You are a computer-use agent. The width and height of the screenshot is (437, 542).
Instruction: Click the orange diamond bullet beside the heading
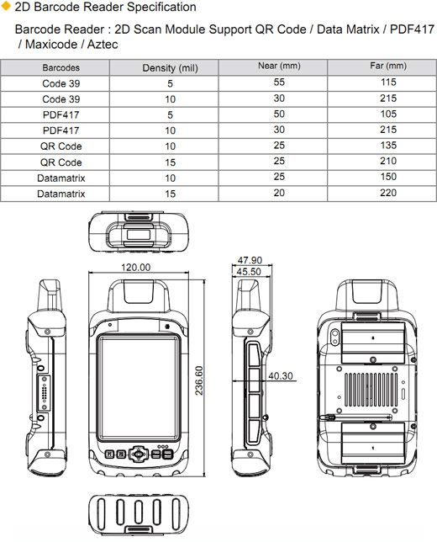click(x=6, y=6)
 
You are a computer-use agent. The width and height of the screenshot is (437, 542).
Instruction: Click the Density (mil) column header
click(x=170, y=67)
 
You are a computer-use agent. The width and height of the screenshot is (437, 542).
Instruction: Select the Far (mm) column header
click(x=388, y=66)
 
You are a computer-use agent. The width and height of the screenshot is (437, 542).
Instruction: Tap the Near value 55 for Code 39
click(x=279, y=82)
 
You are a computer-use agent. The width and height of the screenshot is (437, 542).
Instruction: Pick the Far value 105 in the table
click(x=388, y=114)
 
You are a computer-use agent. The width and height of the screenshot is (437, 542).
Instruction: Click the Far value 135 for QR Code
click(x=388, y=145)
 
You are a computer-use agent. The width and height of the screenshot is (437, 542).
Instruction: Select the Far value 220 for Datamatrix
click(x=388, y=193)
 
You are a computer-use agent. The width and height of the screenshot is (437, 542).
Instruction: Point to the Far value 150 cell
click(x=388, y=177)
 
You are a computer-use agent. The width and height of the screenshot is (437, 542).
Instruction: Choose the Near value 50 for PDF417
click(x=279, y=114)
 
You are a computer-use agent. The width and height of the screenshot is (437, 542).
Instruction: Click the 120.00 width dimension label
click(x=135, y=267)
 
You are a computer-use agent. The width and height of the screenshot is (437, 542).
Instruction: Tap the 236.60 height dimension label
click(x=199, y=380)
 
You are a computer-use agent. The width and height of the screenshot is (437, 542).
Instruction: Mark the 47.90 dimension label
click(x=250, y=260)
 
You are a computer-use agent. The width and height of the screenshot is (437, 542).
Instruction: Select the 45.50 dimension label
click(x=249, y=272)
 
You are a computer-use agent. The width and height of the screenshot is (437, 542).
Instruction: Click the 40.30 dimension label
click(x=281, y=375)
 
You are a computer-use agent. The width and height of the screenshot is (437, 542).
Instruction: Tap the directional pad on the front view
click(x=139, y=454)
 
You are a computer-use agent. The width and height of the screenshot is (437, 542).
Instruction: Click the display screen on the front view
click(x=139, y=387)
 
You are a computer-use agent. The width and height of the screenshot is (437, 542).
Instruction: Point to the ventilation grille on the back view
click(x=371, y=390)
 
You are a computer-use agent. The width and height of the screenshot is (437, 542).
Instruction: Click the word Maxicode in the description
click(x=51, y=45)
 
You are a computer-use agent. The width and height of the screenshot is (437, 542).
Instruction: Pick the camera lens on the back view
click(x=334, y=337)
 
